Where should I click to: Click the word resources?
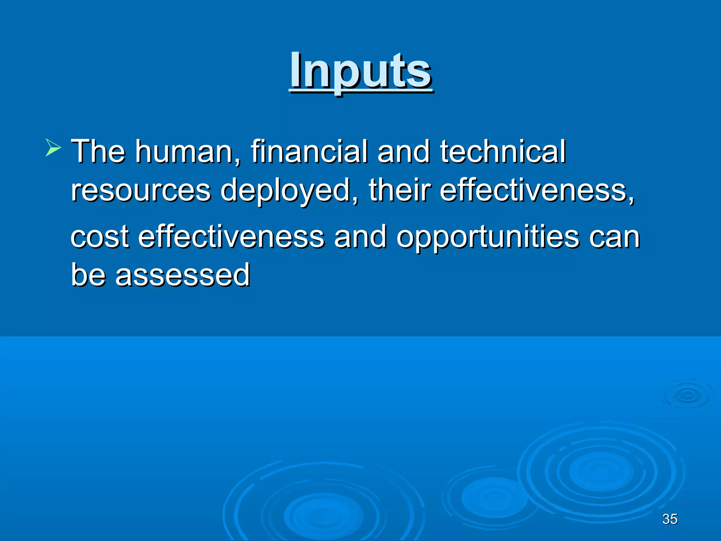(141, 190)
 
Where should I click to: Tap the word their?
(400, 190)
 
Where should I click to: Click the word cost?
(100, 237)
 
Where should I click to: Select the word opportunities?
(488, 237)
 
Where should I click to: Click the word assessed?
(182, 275)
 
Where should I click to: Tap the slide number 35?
(670, 519)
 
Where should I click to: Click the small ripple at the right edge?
(686, 394)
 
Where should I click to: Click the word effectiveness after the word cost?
(231, 237)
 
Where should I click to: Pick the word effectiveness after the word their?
(537, 190)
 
